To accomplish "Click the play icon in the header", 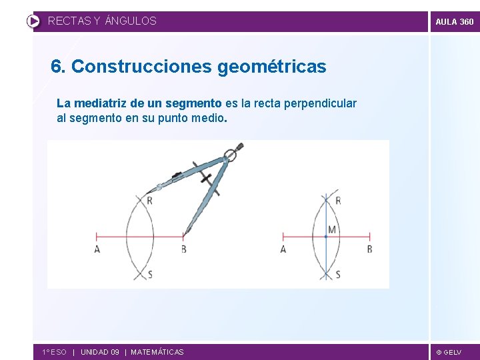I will point(33,21).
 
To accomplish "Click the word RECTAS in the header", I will point(69,21).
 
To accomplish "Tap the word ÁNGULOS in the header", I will point(131,21).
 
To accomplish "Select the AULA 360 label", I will point(454,22).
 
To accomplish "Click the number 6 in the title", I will point(57,67).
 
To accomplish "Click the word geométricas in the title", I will point(272,67).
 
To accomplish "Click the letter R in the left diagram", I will point(149,201).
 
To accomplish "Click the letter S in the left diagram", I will point(149,274).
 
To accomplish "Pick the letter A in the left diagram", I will point(97,249).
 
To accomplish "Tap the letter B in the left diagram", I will point(184,249).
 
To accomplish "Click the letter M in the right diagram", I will point(332,230).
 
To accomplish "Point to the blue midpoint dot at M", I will point(325,236).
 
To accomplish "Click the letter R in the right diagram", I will point(338,201).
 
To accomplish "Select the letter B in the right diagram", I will point(369,249).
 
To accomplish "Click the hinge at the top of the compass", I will point(230,157).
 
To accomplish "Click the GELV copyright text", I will point(449,352).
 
